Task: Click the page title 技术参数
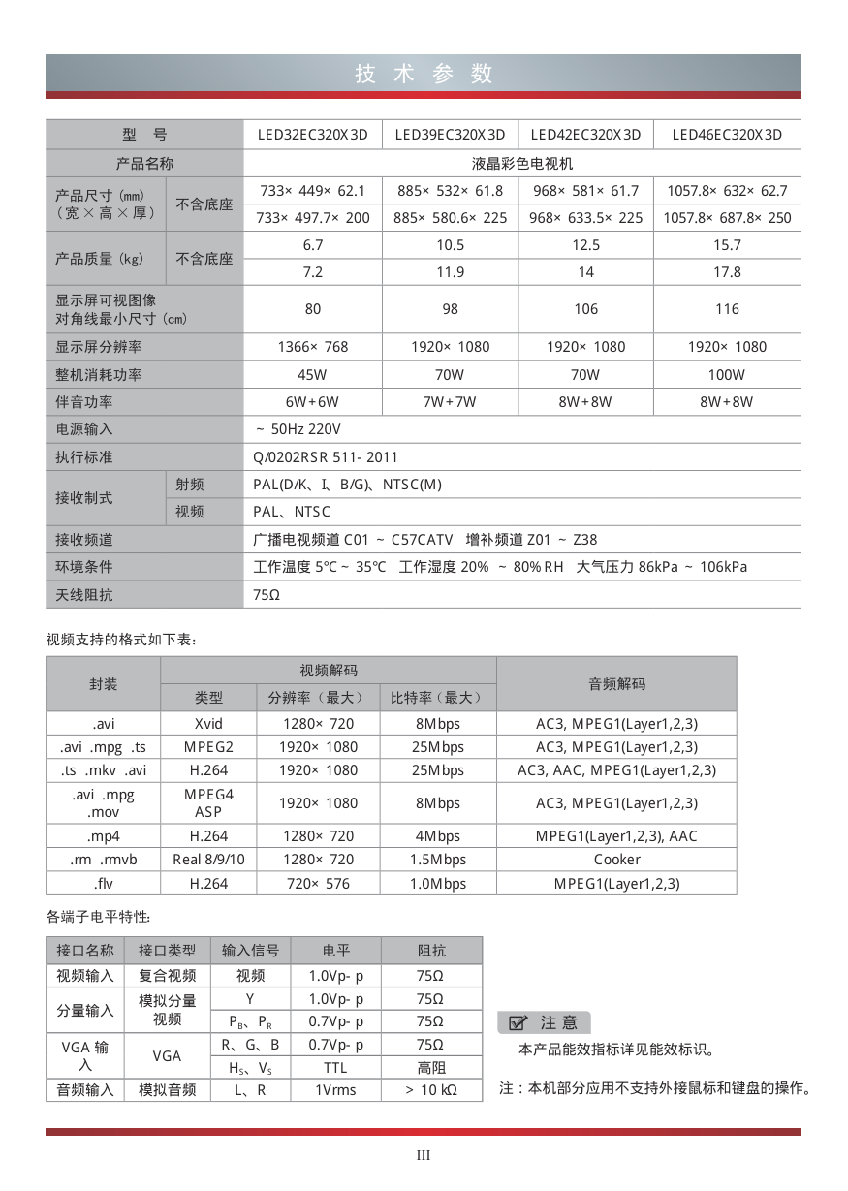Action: (424, 74)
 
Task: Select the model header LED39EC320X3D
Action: (450, 135)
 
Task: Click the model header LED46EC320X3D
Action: (727, 135)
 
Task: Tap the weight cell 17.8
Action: (727, 272)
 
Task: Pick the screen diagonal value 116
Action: (727, 309)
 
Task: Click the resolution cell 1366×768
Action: (312, 347)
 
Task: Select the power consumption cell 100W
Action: (727, 375)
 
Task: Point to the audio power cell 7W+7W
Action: (450, 402)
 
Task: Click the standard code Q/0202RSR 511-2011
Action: (326, 457)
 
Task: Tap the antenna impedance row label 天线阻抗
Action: (84, 595)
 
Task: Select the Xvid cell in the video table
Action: (208, 724)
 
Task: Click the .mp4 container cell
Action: (104, 836)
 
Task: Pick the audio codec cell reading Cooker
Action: (616, 860)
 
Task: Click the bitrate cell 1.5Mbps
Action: (437, 860)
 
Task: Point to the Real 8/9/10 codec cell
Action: (208, 860)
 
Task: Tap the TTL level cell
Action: (335, 1068)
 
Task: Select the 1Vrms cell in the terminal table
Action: (335, 1090)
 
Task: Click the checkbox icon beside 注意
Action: (518, 1022)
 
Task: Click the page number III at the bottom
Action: (424, 1155)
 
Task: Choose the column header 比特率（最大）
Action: (437, 698)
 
